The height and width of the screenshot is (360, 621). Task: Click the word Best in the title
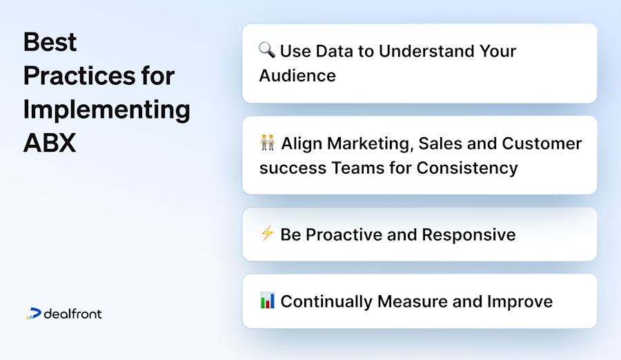tap(50, 43)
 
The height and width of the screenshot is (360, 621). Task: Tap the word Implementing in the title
tap(107, 109)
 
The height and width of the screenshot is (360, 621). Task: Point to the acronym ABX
tap(50, 142)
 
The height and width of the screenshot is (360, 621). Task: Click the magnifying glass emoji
tap(267, 50)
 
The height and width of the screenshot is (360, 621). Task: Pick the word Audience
tap(297, 75)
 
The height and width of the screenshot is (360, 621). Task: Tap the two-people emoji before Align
tap(267, 143)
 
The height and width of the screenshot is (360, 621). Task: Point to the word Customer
tap(542, 143)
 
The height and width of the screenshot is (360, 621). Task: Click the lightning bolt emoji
tap(267, 234)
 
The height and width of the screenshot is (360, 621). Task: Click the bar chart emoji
tap(267, 301)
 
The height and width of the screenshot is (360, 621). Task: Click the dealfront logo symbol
tap(34, 314)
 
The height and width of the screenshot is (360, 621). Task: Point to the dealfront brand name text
tap(72, 314)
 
